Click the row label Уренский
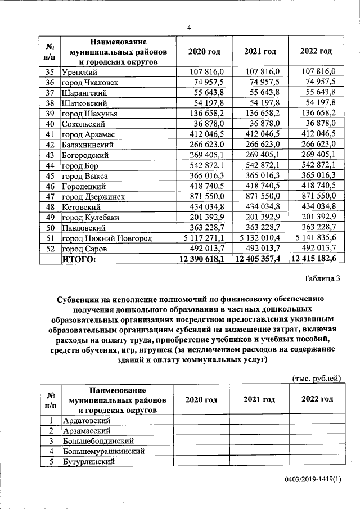[x=80, y=71]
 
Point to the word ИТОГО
[x=79, y=259]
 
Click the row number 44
[x=49, y=165]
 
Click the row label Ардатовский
[x=87, y=420]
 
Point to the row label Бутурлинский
[x=89, y=461]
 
